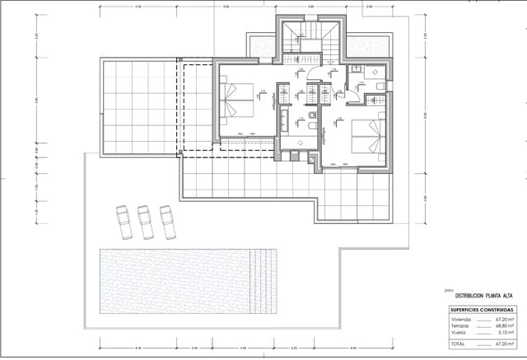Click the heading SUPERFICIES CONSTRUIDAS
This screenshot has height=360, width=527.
pos(472,309)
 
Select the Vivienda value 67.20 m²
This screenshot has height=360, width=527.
pos(505,318)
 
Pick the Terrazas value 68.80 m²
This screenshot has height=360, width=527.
pos(505,325)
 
